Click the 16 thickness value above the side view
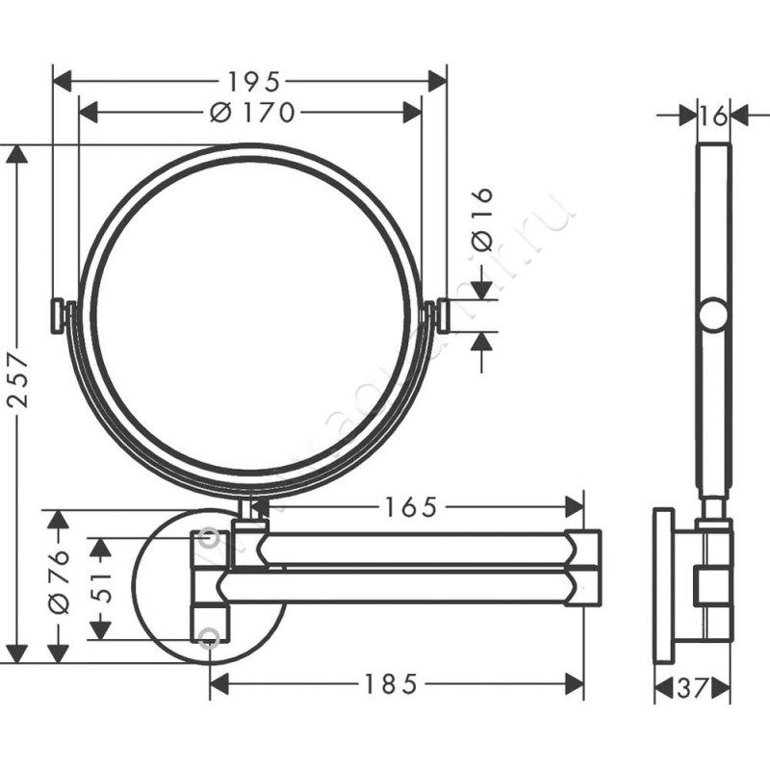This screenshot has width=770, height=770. [x=713, y=115]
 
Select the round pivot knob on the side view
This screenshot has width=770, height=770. [x=713, y=316]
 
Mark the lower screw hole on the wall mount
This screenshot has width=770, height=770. [x=209, y=635]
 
